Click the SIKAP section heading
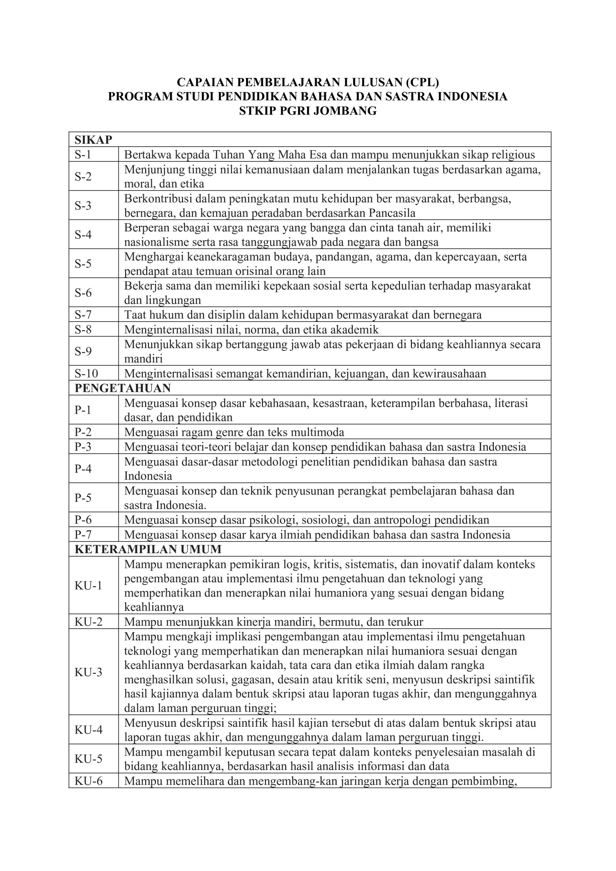click(93, 140)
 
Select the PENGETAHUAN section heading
click(122, 388)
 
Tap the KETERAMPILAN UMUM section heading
click(148, 549)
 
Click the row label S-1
click(83, 155)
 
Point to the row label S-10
click(86, 374)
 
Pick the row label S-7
click(83, 315)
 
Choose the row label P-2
click(83, 432)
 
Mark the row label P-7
click(83, 535)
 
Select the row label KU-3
click(88, 672)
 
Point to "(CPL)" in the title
click(422, 82)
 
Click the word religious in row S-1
click(513, 155)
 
